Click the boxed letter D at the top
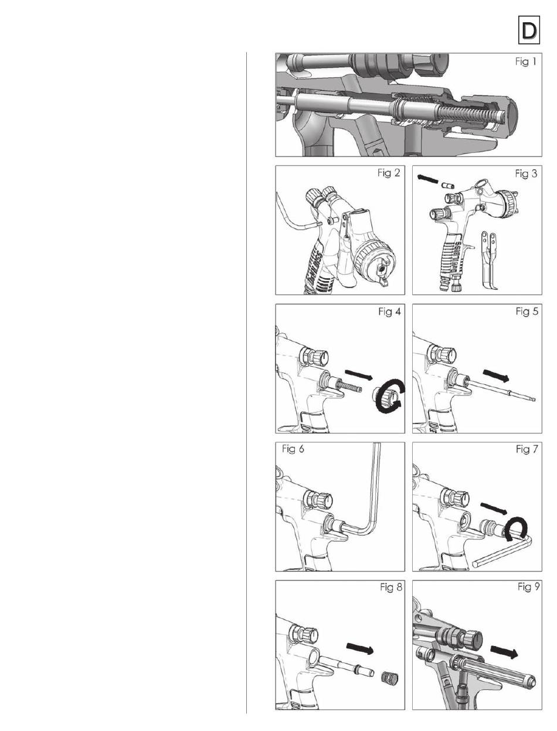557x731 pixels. pos(529,30)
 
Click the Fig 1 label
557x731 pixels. pos(525,62)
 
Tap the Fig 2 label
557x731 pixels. pos(389,173)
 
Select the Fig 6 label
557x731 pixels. pos(293,449)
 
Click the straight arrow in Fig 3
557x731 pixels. pos(427,180)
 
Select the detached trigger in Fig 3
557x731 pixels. pos(488,259)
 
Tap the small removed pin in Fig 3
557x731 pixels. pos(446,185)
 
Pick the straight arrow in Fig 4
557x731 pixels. pos(358,374)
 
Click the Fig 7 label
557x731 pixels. pos(527,449)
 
